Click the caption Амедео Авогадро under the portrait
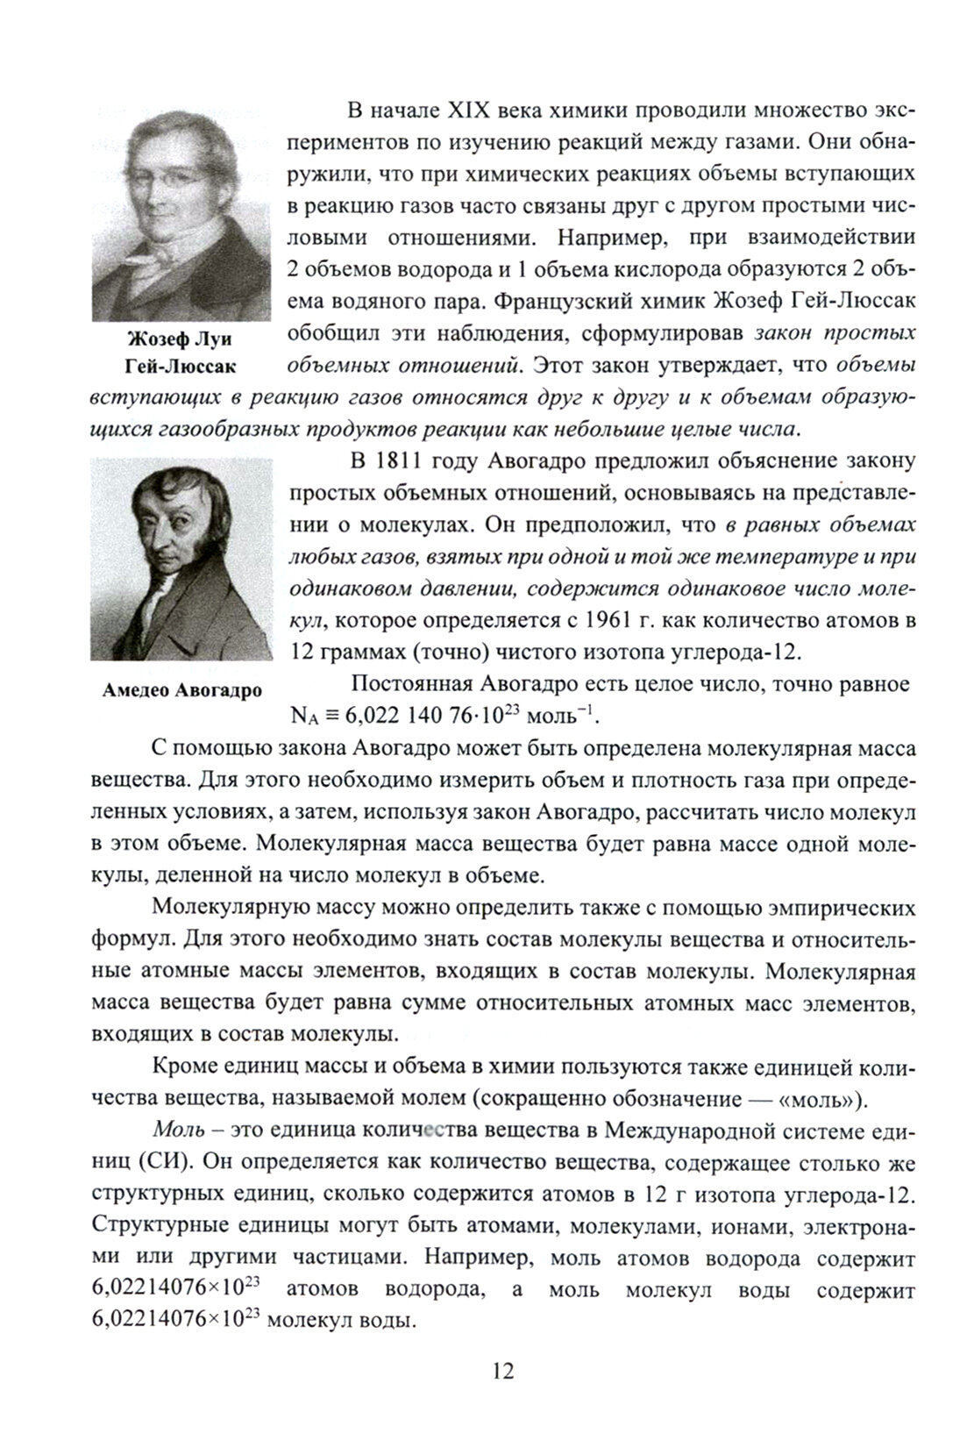point(182,690)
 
